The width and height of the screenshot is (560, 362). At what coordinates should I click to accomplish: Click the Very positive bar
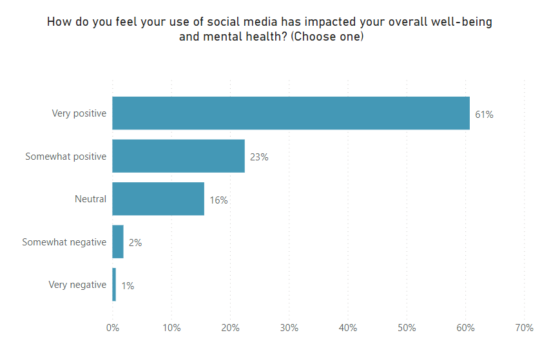(291, 113)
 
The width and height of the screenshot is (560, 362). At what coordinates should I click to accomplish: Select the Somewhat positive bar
(179, 156)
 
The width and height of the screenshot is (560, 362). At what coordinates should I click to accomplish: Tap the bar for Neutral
(158, 199)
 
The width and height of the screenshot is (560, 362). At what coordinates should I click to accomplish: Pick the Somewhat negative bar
(118, 242)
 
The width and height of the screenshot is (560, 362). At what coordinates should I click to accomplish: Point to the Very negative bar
(114, 285)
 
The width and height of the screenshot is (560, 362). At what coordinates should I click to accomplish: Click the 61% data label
(484, 115)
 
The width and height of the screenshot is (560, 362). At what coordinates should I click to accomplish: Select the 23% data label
(259, 157)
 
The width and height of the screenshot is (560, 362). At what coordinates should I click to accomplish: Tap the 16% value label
(218, 200)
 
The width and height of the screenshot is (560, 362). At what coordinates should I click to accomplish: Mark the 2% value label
(135, 243)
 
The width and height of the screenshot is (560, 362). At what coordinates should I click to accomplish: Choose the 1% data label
(128, 285)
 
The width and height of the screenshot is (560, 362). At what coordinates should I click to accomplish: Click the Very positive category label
(79, 113)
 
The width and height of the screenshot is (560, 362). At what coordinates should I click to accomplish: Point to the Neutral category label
(90, 199)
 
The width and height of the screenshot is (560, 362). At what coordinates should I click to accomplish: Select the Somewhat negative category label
(64, 242)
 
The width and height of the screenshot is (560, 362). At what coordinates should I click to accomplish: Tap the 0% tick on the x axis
(112, 328)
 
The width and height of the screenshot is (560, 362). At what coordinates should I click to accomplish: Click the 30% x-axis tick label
(289, 328)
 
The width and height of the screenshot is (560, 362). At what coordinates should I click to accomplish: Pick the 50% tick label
(407, 328)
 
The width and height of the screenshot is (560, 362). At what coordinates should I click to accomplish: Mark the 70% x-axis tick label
(525, 328)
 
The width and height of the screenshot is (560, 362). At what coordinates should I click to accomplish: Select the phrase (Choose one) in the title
(327, 37)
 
